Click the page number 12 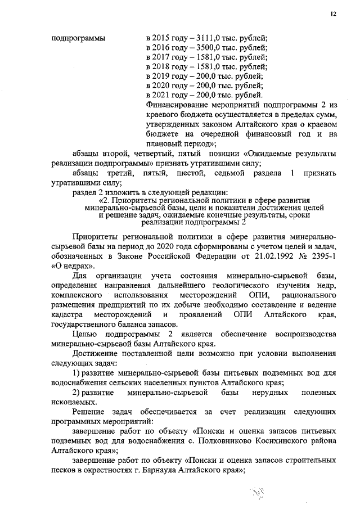[334, 16]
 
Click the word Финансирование [181, 105]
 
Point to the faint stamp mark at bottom [259, 495]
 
